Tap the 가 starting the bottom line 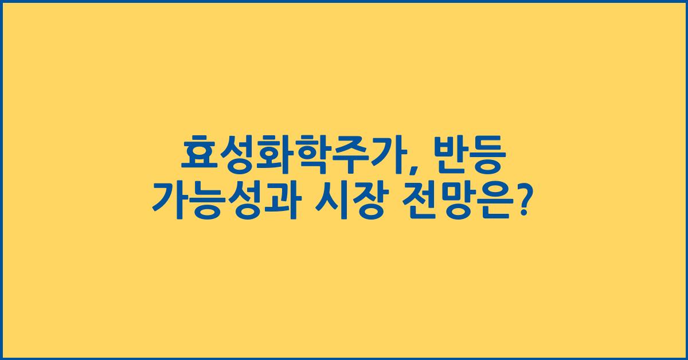[170, 202]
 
